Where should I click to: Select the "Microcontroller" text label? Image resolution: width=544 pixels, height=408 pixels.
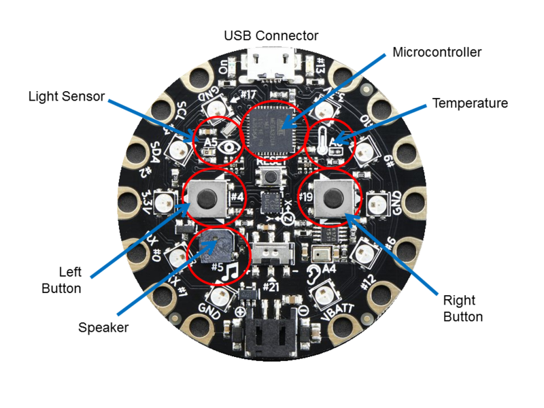point(438,52)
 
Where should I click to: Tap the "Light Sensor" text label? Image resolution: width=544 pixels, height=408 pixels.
point(67,96)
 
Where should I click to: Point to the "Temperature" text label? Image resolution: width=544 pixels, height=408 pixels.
point(470,103)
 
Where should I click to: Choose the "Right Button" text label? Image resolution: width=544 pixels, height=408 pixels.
point(462,308)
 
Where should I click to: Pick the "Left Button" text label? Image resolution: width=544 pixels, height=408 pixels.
point(61,280)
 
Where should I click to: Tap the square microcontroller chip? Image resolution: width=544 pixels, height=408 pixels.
point(271,129)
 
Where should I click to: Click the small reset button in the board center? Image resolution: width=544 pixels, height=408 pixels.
point(271,177)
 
